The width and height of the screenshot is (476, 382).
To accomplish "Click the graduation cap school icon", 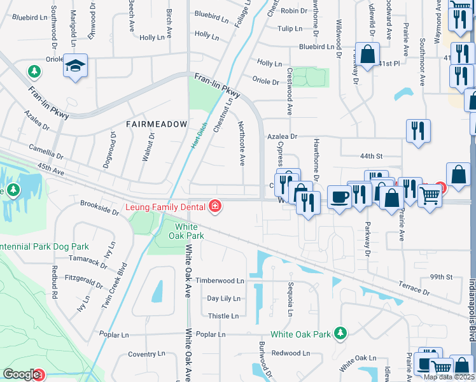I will pos(75,66).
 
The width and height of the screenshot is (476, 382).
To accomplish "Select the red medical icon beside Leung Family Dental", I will pos(215,206).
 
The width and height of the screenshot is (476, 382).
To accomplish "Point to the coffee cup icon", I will pos(340,197).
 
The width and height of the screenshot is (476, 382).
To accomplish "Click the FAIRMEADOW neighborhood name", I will pos(157,124).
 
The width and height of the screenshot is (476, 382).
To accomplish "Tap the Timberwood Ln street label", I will pos(220,280).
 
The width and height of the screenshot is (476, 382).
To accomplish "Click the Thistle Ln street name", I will pos(223,316).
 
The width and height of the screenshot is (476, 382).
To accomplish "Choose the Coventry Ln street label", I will pos(146,354).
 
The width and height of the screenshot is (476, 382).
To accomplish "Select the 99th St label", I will pos(440,277).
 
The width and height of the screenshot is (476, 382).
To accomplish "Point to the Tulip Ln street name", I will pos(289,29).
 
